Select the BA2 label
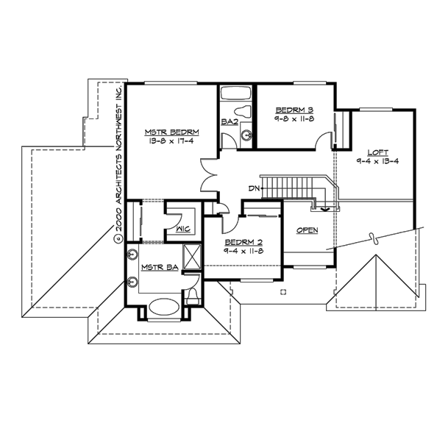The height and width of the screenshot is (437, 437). (x=228, y=121)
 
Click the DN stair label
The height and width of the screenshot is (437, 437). (x=254, y=189)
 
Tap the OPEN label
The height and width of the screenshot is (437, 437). (x=308, y=230)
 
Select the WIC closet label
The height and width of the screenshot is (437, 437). (x=182, y=229)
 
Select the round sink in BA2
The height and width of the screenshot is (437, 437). (x=247, y=135)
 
